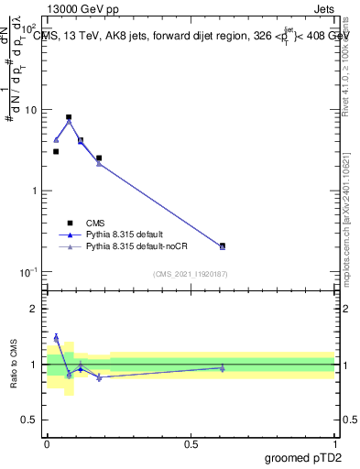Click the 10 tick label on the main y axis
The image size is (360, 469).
[32, 110]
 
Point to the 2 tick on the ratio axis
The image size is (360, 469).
[36, 309]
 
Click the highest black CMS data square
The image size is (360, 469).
[69, 117]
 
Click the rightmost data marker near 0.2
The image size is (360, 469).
[223, 245]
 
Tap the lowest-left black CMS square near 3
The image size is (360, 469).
[56, 151]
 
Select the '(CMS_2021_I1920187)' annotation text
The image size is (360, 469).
[190, 274]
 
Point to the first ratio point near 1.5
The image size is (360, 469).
[56, 337]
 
